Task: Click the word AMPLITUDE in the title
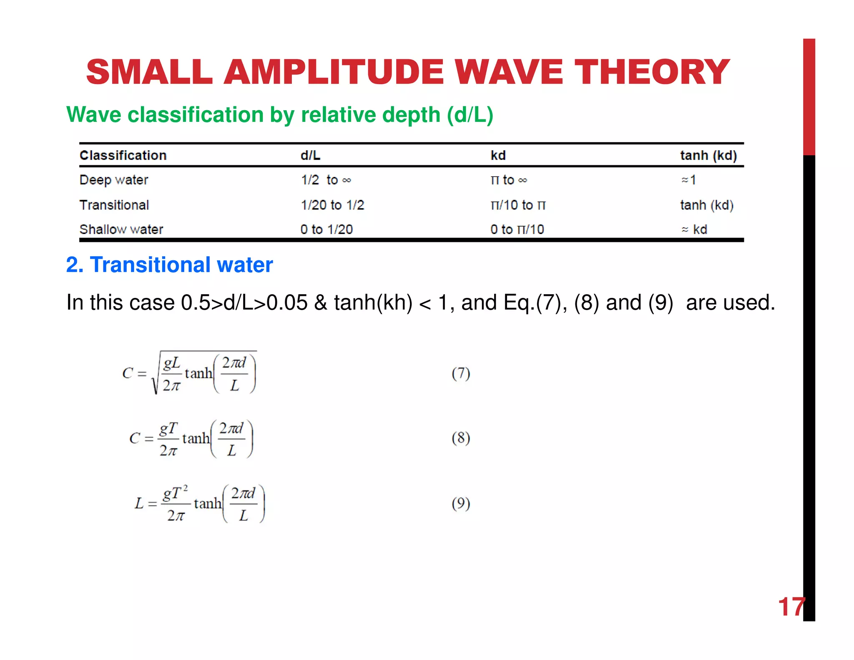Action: pos(334,72)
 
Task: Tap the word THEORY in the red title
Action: pos(652,72)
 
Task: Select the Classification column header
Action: pos(123,156)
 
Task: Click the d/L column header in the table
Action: pos(310,156)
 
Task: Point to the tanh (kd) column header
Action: pos(708,156)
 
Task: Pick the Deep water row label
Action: pos(114,180)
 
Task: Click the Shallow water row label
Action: pos(121,229)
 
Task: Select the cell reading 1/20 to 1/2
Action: pos(332,205)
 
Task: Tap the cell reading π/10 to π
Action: pos(518,205)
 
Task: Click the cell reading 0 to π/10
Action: pos(517,229)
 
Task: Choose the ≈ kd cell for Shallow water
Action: pos(694,229)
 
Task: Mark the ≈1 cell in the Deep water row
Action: pos(688,180)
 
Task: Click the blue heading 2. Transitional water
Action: pos(169,265)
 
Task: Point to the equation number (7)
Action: pos(461,373)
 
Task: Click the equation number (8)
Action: pos(461,438)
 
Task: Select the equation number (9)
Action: pos(461,504)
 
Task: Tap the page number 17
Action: pos(790,607)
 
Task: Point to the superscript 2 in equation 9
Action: pos(186,488)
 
